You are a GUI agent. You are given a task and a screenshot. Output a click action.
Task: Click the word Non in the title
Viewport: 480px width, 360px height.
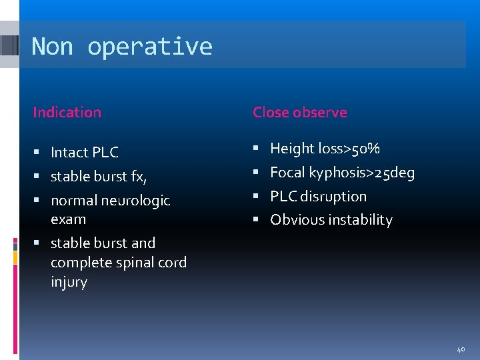53,47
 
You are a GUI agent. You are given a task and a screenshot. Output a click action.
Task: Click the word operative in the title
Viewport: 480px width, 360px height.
150,47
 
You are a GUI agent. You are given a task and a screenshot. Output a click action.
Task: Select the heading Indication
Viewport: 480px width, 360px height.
67,112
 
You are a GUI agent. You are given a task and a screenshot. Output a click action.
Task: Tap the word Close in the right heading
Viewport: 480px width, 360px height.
270,112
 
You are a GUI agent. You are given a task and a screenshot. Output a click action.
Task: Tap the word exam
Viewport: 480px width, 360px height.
68,219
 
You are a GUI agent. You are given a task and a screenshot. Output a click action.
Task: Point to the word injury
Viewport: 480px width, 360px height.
69,282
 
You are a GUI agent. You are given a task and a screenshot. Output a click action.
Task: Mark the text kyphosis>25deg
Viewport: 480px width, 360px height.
361,173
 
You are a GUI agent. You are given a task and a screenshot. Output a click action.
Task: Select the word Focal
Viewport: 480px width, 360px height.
287,173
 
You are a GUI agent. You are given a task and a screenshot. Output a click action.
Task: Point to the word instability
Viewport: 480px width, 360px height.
359,220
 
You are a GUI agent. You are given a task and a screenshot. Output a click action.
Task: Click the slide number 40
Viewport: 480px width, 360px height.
461,349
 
